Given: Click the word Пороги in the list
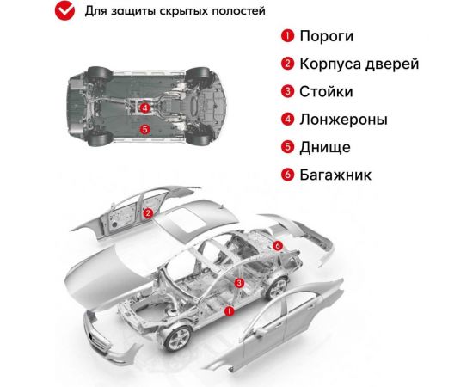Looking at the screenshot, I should pos(326,37).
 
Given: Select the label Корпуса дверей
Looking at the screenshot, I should pos(359,64).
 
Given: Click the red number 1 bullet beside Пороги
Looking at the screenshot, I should pos(286,37).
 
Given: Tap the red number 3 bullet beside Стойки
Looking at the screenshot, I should pos(286,92).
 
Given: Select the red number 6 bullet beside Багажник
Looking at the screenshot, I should pos(286,175).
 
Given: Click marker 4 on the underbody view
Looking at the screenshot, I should pos(145,108).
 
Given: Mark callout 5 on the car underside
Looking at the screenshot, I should pos(145,129).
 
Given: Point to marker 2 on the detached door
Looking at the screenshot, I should pos(148,213).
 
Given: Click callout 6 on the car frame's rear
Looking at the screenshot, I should pos(277,246).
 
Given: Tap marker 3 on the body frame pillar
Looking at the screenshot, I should pos(239,282).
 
